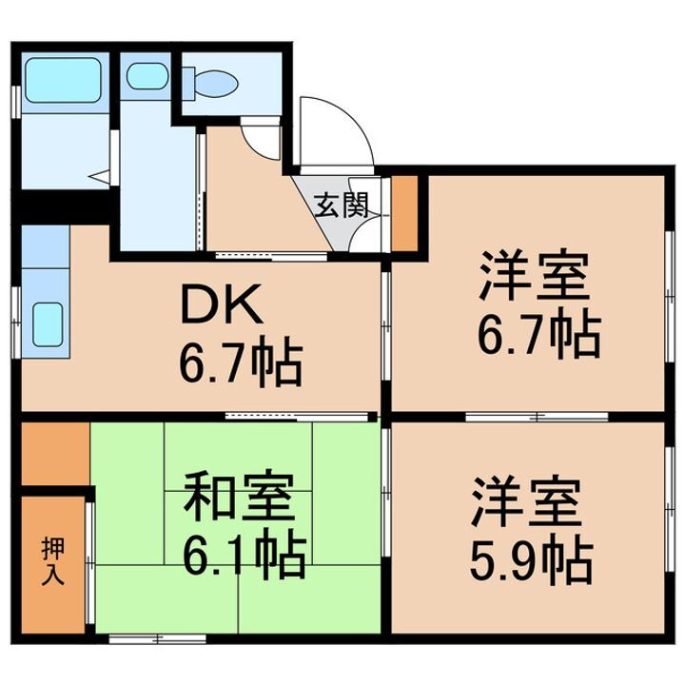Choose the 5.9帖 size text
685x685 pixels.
[531, 561]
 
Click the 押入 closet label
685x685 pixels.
[53, 560]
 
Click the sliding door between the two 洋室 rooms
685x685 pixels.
[536, 416]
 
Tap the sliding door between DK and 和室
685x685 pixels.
[297, 416]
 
